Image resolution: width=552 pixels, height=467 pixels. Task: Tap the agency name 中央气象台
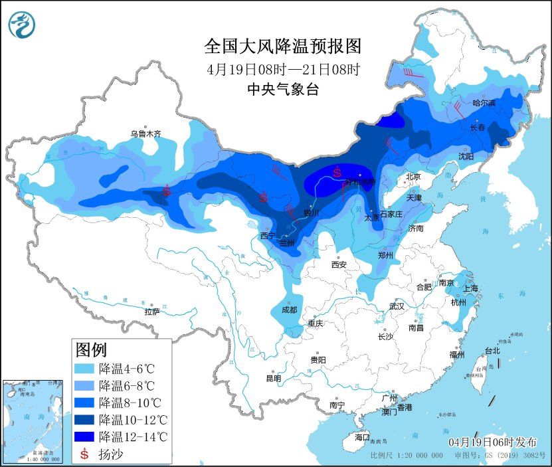282,89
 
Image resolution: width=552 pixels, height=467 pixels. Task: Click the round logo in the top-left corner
20,25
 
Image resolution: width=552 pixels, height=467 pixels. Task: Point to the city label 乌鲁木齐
145,134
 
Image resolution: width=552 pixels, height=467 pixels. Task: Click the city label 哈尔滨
484,103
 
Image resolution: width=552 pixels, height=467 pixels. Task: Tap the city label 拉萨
152,311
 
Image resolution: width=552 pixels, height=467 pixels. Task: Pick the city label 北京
413,177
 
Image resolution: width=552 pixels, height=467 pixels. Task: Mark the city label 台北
492,350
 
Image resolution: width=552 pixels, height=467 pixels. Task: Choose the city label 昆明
273,378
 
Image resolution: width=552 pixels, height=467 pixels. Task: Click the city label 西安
339,264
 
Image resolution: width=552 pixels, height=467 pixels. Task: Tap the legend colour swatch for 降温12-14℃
84,437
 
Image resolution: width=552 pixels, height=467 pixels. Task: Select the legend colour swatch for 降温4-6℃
84,368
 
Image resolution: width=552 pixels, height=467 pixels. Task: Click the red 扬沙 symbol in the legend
84,454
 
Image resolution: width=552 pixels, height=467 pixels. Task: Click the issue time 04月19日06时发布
492,442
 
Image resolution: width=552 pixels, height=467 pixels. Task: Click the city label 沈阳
466,156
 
